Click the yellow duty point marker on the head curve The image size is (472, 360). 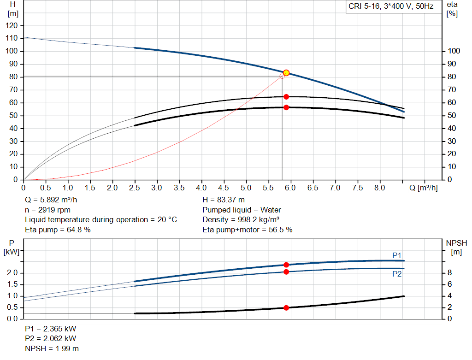point(286,73)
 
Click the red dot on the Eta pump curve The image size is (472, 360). point(286,97)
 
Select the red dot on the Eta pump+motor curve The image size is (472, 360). point(286,107)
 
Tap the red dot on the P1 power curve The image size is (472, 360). point(286,265)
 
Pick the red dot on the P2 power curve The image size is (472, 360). point(286,272)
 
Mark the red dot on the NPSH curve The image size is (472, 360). point(286,307)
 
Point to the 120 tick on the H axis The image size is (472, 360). point(12,25)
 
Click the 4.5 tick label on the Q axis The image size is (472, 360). point(224,188)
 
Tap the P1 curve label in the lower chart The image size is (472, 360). point(397,255)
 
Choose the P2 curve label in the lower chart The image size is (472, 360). point(397,274)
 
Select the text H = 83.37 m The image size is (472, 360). point(224,200)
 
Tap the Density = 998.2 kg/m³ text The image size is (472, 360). point(241,219)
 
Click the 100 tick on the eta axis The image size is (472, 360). point(454,51)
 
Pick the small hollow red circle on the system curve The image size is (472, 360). point(282,76)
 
